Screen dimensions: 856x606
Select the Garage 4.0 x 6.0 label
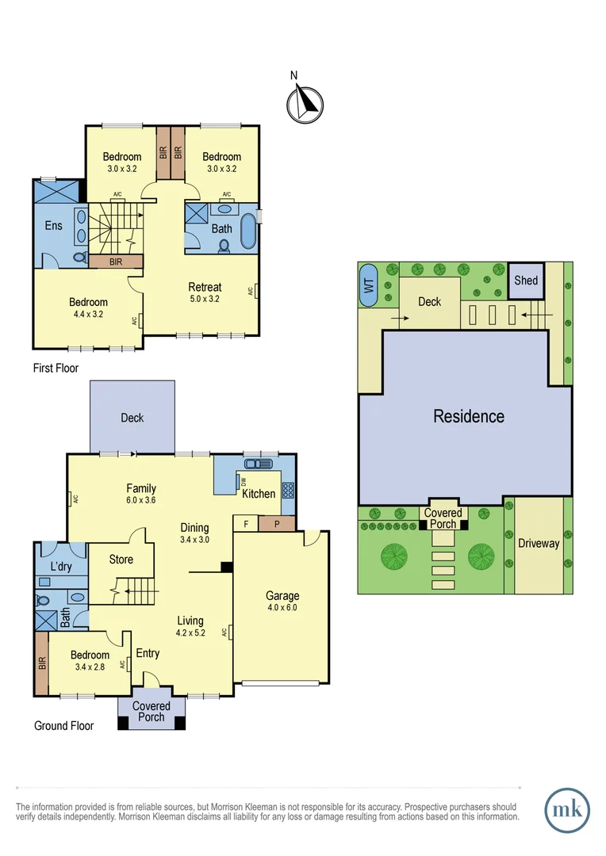[x=282, y=602]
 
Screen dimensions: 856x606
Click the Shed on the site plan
[x=526, y=281]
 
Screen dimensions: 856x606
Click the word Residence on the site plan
[x=468, y=416]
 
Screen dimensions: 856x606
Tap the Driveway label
[x=539, y=544]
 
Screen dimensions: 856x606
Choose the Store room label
[x=121, y=560]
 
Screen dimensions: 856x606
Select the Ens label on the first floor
[x=53, y=226]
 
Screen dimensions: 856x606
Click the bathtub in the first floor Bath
[x=247, y=230]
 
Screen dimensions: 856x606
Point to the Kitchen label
[x=259, y=494]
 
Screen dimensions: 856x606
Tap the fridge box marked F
[x=246, y=524]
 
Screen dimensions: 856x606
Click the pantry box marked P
[x=275, y=524]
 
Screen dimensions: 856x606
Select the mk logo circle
[x=567, y=810]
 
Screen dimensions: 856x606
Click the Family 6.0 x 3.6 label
[x=141, y=495]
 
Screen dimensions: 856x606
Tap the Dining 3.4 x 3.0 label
[x=194, y=533]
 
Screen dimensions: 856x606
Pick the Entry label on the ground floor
[x=148, y=653]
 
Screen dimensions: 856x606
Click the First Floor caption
[x=56, y=368]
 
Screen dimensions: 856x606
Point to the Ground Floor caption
[x=63, y=725]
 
